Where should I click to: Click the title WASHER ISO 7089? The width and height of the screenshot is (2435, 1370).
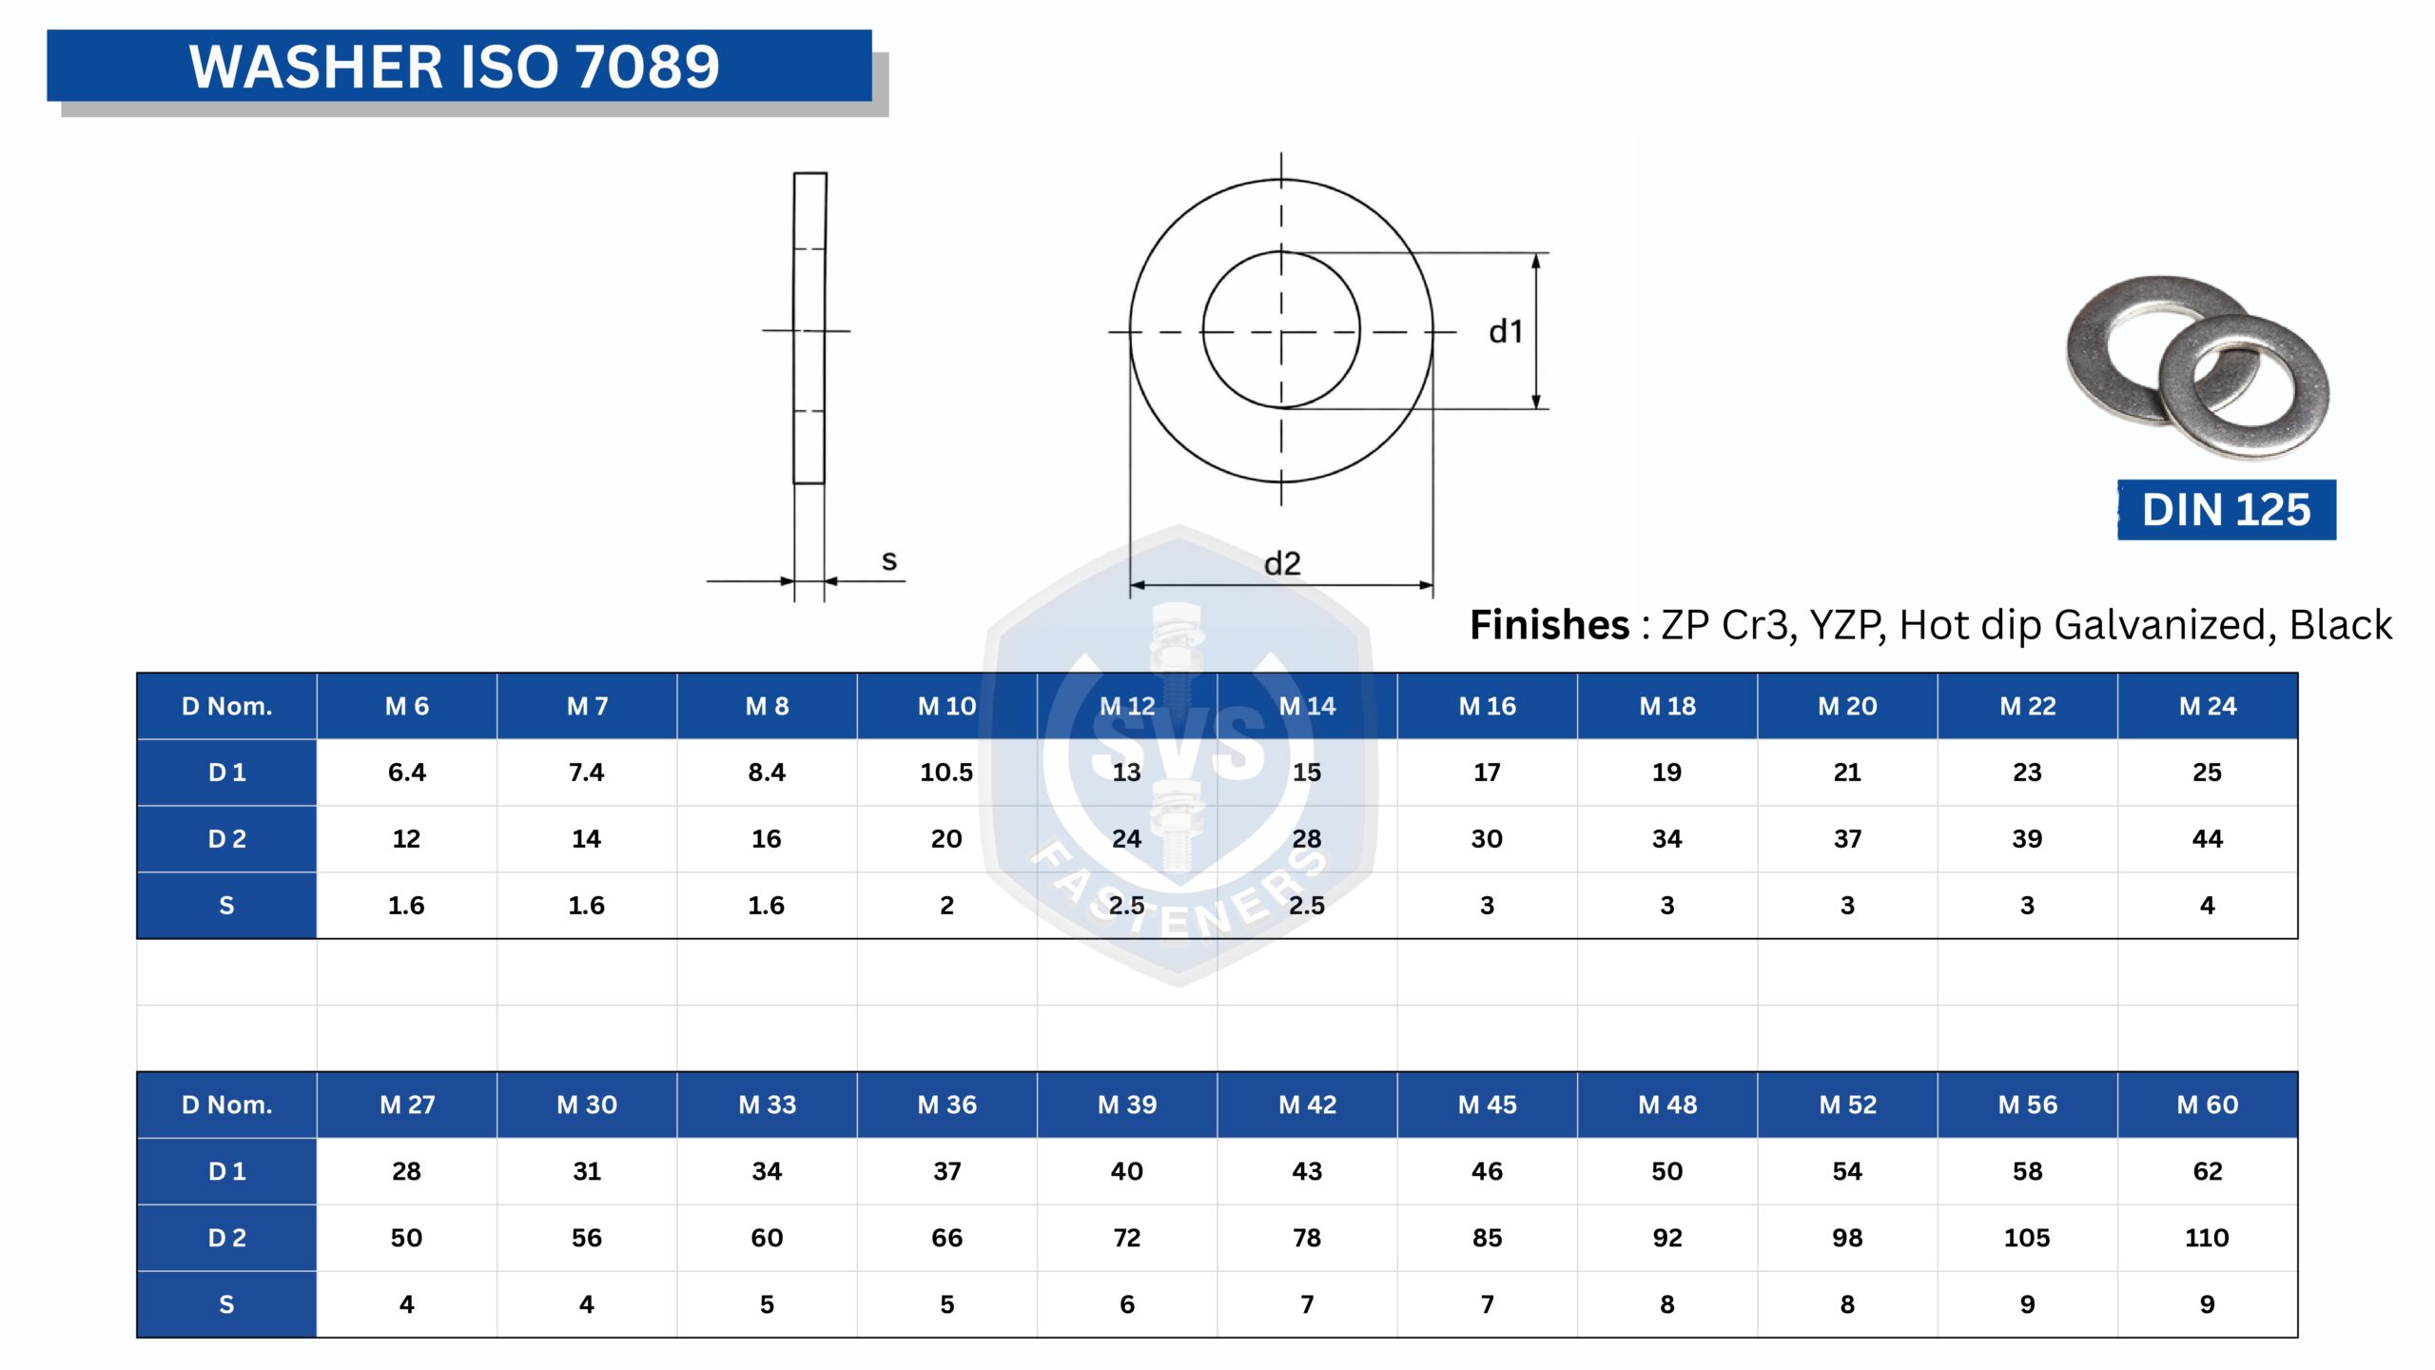pyautogui.click(x=455, y=67)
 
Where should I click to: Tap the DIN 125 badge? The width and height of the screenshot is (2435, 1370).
pyautogui.click(x=2226, y=510)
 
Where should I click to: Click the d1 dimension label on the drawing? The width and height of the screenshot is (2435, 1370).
pyautogui.click(x=1506, y=331)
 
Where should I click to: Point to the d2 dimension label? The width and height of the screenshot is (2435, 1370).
pyautogui.click(x=1281, y=563)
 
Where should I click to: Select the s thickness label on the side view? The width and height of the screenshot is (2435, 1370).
pyautogui.click(x=889, y=560)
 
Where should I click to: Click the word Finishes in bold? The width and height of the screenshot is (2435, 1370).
pyautogui.click(x=1549, y=625)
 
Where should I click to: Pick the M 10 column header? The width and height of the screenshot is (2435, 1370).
pyautogui.click(x=946, y=706)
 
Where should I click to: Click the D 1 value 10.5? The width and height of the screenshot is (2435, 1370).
pyautogui.click(x=946, y=773)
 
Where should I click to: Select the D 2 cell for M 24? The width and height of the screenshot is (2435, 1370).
pyautogui.click(x=2207, y=839)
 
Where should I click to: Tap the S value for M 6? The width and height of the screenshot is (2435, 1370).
pyautogui.click(x=406, y=906)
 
